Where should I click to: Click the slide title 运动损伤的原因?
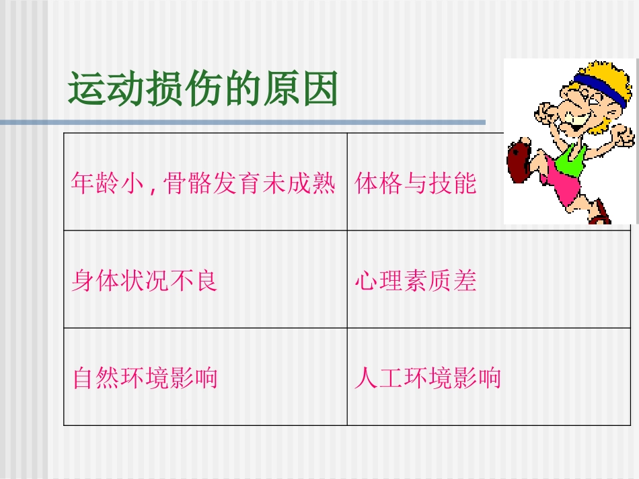point(202,91)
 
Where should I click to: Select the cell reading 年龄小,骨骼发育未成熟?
point(203,183)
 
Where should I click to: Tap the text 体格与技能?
point(416,183)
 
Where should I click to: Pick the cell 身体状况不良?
point(145,281)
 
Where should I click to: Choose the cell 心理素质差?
point(416,281)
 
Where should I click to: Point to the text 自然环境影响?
point(145,378)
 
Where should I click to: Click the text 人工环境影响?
point(428,378)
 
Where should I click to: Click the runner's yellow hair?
point(605,74)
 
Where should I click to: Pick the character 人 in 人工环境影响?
point(365,378)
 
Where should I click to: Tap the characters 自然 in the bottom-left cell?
point(95,378)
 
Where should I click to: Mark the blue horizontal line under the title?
point(242,123)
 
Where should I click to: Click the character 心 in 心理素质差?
point(366,281)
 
